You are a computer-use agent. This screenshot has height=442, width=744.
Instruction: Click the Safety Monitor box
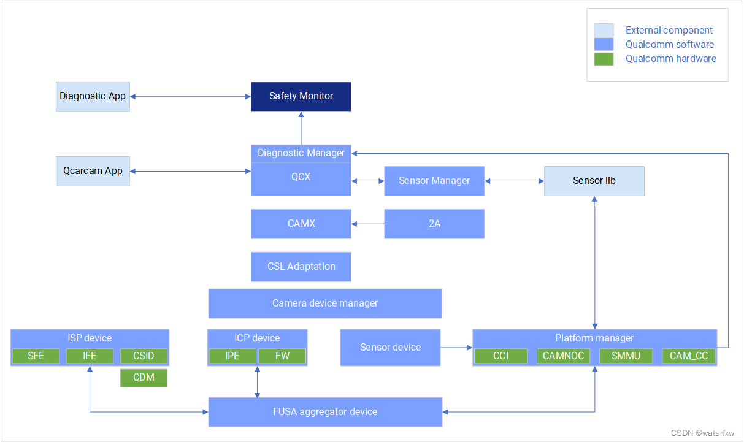(x=301, y=96)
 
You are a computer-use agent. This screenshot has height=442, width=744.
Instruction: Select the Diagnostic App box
(x=93, y=96)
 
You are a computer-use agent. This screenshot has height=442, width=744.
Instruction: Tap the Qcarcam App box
(x=93, y=171)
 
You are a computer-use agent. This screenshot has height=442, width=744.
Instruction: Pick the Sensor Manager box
(x=434, y=181)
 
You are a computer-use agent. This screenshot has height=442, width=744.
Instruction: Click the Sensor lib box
(x=594, y=181)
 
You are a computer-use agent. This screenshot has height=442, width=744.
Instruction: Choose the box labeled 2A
(x=434, y=224)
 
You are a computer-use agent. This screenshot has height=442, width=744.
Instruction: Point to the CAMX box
(x=301, y=224)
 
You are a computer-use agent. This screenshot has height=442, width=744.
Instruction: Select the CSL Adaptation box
(x=301, y=267)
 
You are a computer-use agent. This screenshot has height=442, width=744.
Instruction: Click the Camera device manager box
(x=325, y=303)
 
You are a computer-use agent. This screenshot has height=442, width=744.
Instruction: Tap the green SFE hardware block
(x=36, y=356)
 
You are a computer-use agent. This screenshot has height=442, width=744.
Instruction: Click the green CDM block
(x=144, y=378)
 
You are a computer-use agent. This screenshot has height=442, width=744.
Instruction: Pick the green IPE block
(x=232, y=356)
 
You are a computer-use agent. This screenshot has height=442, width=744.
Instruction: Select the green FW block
(x=282, y=356)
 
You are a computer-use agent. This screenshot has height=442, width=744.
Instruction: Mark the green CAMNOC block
(x=564, y=356)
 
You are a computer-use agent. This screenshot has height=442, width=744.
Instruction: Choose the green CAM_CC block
(x=688, y=356)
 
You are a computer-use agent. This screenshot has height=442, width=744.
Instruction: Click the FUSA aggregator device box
(x=325, y=412)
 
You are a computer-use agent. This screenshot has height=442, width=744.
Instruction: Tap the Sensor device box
(x=390, y=348)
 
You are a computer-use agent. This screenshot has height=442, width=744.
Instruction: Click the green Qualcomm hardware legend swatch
(x=604, y=59)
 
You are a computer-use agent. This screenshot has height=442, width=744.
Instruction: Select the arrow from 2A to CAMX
(x=368, y=224)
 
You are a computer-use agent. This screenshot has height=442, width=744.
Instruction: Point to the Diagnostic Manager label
(x=301, y=153)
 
